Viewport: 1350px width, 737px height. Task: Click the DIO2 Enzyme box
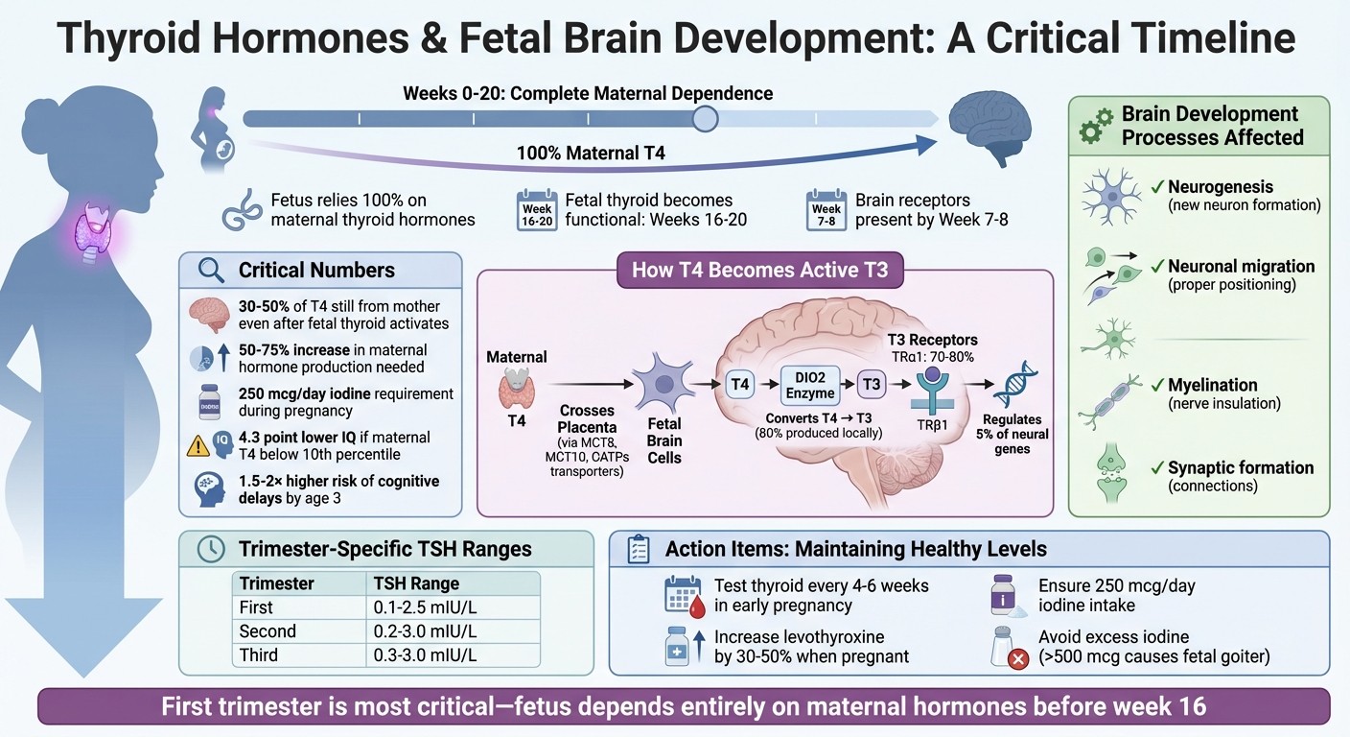[x=809, y=384]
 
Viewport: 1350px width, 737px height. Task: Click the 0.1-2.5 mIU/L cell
[x=427, y=607]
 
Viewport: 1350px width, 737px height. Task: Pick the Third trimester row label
[x=259, y=655]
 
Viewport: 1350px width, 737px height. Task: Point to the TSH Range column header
[x=415, y=583]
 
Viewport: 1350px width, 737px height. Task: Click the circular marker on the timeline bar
[x=705, y=119]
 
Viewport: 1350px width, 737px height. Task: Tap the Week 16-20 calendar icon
[x=537, y=211]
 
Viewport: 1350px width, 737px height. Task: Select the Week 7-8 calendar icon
[x=826, y=211]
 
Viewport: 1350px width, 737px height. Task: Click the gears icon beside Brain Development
[x=1096, y=126]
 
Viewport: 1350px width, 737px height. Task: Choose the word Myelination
[x=1212, y=385]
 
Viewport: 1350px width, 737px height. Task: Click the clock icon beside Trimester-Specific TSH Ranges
[x=210, y=550]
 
